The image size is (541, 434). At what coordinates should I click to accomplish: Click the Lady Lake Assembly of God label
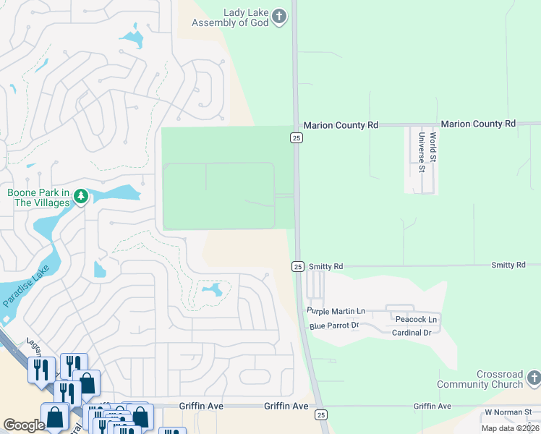pyautogui.click(x=223, y=17)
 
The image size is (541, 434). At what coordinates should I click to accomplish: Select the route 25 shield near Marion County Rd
pyautogui.click(x=297, y=137)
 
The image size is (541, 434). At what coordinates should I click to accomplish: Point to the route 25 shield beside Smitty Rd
pyautogui.click(x=298, y=266)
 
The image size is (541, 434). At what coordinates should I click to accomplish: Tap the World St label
pyautogui.click(x=433, y=146)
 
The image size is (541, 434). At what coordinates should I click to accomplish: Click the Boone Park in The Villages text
pyautogui.click(x=39, y=197)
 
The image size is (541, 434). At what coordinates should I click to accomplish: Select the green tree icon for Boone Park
pyautogui.click(x=81, y=196)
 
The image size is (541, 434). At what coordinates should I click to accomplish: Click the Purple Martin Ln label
pyautogui.click(x=336, y=311)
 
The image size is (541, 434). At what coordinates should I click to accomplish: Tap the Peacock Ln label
pyautogui.click(x=417, y=319)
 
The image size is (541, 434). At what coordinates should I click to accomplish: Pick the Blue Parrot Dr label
pyautogui.click(x=334, y=326)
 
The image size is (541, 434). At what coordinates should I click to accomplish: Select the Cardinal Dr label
pyautogui.click(x=412, y=333)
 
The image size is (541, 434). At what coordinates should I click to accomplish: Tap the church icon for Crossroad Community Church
pyautogui.click(x=534, y=378)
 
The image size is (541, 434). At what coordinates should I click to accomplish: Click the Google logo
pyautogui.click(x=25, y=425)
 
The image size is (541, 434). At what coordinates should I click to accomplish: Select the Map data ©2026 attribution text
pyautogui.click(x=510, y=428)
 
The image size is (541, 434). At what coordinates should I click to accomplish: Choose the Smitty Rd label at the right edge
pyautogui.click(x=508, y=265)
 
